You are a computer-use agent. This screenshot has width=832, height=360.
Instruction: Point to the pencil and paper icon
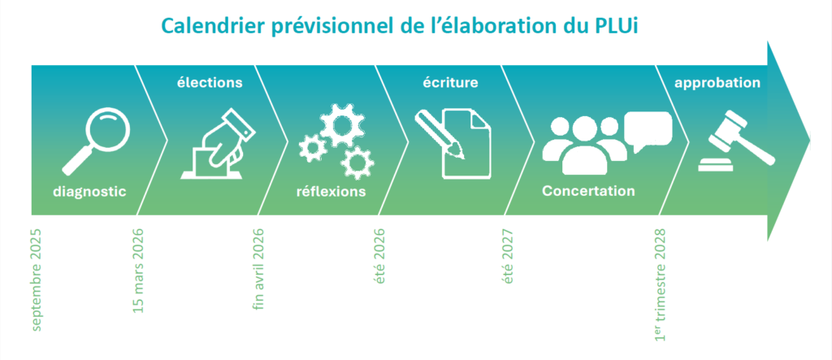(453, 143)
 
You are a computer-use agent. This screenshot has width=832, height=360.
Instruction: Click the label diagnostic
(89, 192)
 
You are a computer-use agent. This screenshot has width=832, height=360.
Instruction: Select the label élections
(210, 83)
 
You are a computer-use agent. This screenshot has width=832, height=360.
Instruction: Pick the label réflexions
(331, 191)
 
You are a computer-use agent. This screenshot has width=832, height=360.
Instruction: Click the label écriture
(450, 83)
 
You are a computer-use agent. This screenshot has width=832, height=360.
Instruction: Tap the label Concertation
(588, 191)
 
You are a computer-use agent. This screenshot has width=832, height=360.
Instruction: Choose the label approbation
(717, 84)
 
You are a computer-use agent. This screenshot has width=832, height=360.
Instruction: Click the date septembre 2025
(36, 280)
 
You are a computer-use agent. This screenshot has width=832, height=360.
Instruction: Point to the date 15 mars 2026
(137, 271)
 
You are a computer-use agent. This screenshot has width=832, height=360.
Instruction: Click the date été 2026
(379, 256)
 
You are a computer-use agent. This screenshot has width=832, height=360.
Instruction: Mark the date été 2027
(508, 256)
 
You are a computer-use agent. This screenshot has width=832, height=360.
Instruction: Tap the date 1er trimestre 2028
(660, 284)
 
